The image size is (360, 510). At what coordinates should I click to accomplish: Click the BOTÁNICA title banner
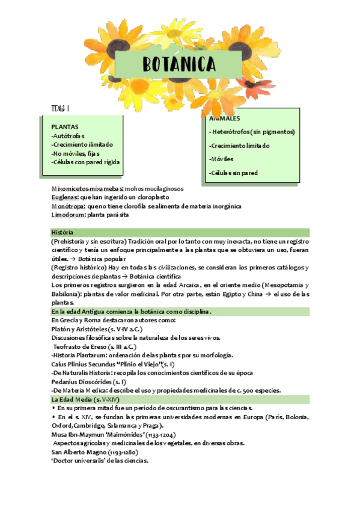tap(179, 64)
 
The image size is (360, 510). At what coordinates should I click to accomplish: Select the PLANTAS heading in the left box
tap(64, 127)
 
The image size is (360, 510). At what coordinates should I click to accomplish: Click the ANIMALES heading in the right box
tap(225, 118)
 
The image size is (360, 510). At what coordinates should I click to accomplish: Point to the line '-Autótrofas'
tap(68, 136)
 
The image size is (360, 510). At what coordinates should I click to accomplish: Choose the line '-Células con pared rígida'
tap(86, 162)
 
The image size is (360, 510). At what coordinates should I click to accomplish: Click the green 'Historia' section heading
tap(63, 232)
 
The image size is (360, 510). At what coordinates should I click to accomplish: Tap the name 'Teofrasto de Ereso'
tap(80, 347)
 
